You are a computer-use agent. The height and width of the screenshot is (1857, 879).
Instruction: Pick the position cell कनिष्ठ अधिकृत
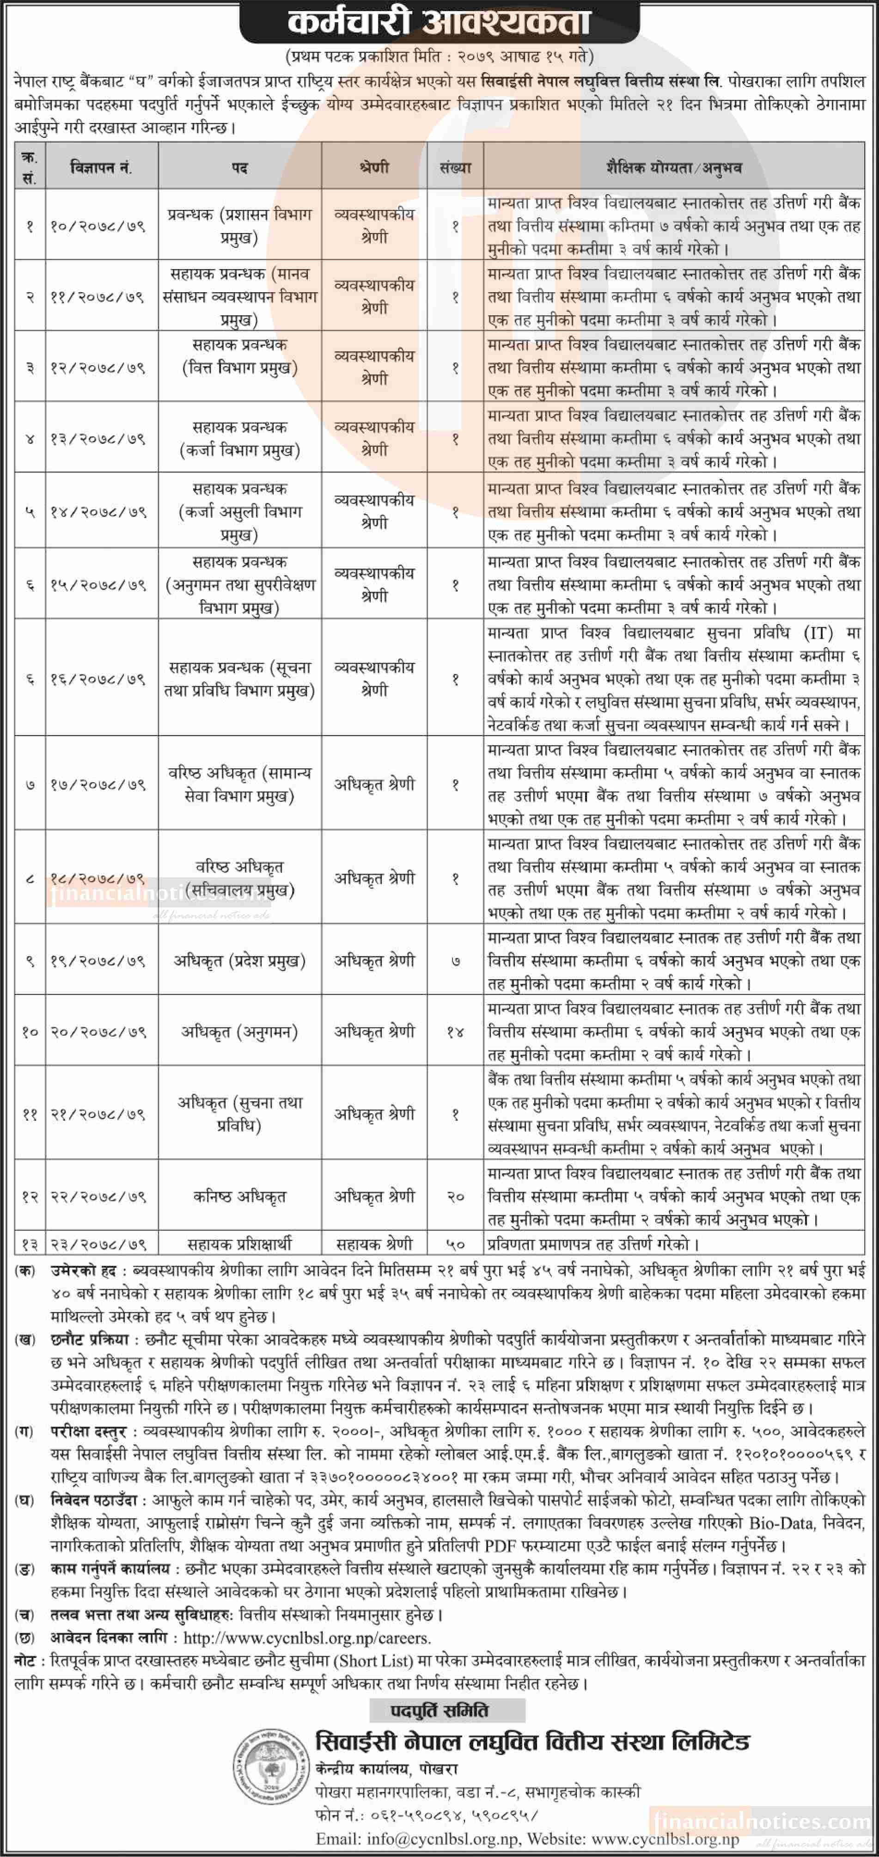[x=239, y=1197]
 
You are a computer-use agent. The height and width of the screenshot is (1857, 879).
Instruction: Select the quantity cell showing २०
[x=455, y=1197]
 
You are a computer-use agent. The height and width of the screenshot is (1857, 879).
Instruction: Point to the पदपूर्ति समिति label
[x=439, y=1710]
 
